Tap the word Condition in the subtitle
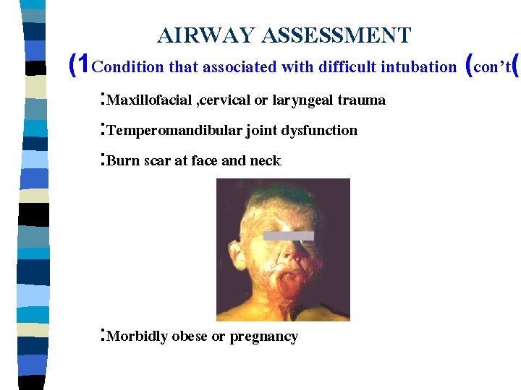(x=129, y=68)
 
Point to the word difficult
(x=352, y=68)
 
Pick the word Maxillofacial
(x=149, y=100)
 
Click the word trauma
(x=361, y=100)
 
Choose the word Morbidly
(x=137, y=337)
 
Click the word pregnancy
(x=263, y=337)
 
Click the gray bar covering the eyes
(x=288, y=235)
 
